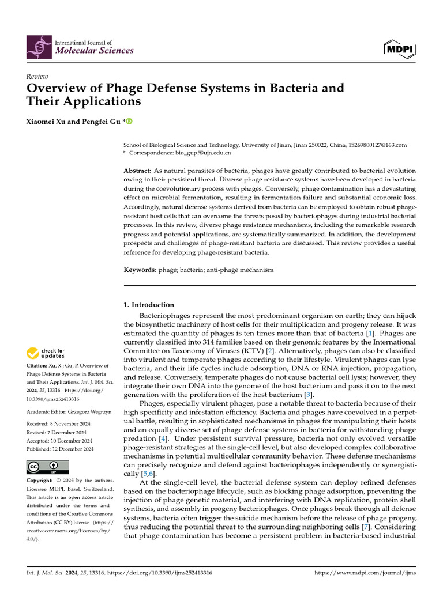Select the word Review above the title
37,77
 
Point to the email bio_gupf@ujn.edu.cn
203,153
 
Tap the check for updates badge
46,353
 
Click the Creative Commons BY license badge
47,467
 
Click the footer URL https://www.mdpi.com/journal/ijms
364,573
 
